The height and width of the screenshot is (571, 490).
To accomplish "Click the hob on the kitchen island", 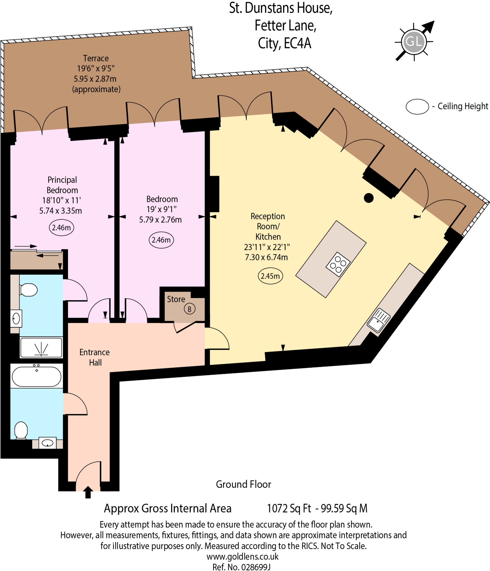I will pyautogui.click(x=338, y=264).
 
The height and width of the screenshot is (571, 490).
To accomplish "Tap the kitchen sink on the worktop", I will pyautogui.click(x=378, y=320).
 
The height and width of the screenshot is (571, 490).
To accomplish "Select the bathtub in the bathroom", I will pyautogui.click(x=37, y=377).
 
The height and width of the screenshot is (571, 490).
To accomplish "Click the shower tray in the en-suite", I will pyautogui.click(x=41, y=347).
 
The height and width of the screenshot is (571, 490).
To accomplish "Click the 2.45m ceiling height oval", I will pyautogui.click(x=270, y=276).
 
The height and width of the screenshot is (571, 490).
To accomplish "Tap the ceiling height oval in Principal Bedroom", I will pyautogui.click(x=61, y=228).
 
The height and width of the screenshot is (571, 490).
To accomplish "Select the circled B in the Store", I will pyautogui.click(x=189, y=309).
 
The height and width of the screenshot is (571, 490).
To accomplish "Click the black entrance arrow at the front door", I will pyautogui.click(x=88, y=492).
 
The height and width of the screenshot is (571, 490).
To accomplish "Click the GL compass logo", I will pyautogui.click(x=414, y=42).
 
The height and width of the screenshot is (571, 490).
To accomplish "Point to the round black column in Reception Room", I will pyautogui.click(x=368, y=198).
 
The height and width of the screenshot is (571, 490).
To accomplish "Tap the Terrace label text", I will pyautogui.click(x=96, y=58).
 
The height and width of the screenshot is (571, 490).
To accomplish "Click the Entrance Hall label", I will pyautogui.click(x=95, y=357).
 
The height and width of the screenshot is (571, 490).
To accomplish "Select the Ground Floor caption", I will pyautogui.click(x=243, y=484).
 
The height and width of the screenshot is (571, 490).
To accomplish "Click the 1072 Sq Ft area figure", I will pyautogui.click(x=289, y=508).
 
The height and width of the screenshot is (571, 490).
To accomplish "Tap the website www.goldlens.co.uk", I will pyautogui.click(x=242, y=557).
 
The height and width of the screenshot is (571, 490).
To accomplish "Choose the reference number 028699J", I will pyautogui.click(x=255, y=567).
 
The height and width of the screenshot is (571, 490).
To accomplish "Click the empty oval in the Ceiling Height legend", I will pyautogui.click(x=417, y=107).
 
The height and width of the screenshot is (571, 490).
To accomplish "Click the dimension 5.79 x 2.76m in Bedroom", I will pyautogui.click(x=160, y=220).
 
